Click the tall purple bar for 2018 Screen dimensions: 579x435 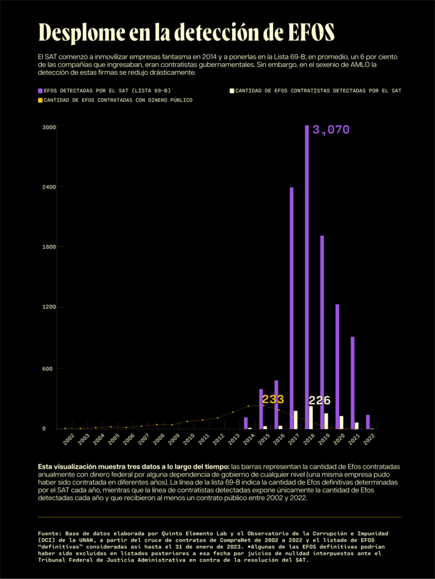pyautogui.click(x=307, y=278)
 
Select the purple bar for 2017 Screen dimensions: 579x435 pyautogui.click(x=292, y=307)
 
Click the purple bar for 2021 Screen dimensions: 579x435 pyautogui.click(x=352, y=382)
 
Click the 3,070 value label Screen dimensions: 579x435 pyautogui.click(x=331, y=130)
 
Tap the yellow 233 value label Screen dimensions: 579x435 pyautogui.click(x=273, y=400)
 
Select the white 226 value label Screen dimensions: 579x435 pyautogui.click(x=319, y=401)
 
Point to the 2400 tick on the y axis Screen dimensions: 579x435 pyautogui.click(x=49, y=187)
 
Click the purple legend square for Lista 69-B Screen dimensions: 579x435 pyautogui.click(x=40, y=91)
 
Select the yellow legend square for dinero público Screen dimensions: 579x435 pyautogui.click(x=40, y=100)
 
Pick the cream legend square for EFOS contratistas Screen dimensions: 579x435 pyautogui.click(x=232, y=91)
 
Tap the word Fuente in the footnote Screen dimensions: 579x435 pyautogui.click(x=50, y=532)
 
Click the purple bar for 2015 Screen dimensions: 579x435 pyautogui.click(x=261, y=409)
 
